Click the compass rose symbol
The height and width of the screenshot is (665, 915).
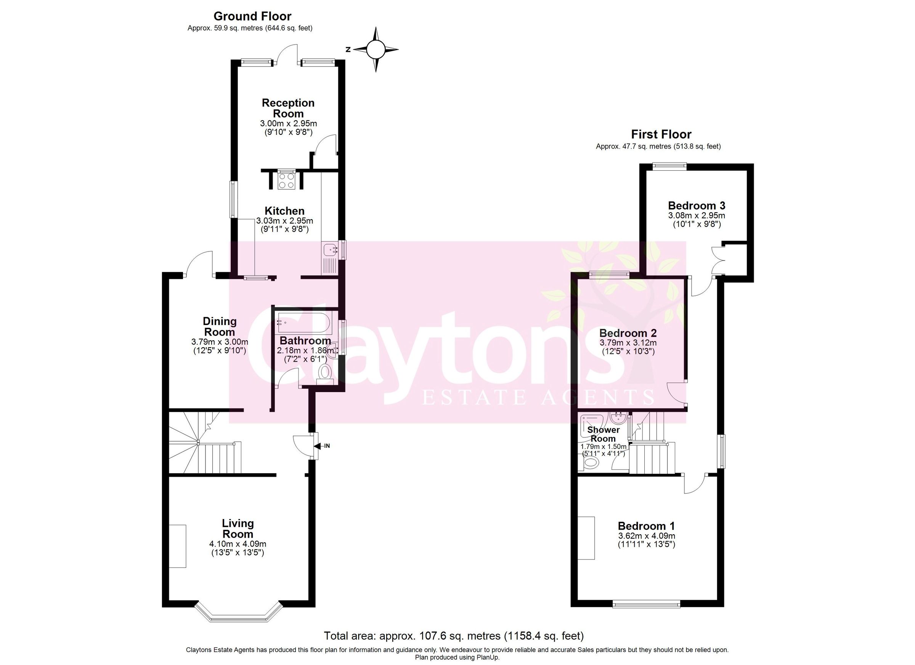pyautogui.click(x=376, y=50)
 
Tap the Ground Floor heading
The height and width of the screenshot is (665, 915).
pyautogui.click(x=252, y=16)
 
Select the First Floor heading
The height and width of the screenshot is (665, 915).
pyautogui.click(x=661, y=134)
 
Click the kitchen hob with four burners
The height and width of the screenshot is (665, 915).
pyautogui.click(x=287, y=180)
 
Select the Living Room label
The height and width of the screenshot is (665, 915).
pyautogui.click(x=238, y=528)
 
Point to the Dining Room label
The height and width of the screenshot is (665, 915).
pyautogui.click(x=220, y=326)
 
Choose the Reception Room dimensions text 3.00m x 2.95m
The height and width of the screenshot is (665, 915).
pyautogui.click(x=288, y=123)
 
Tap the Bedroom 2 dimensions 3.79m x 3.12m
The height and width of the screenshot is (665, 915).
pyautogui.click(x=628, y=343)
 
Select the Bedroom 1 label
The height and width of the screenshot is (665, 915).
pyautogui.click(x=646, y=526)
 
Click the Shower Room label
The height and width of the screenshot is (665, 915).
pyautogui.click(x=604, y=434)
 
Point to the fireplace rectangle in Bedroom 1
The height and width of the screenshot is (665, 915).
pyautogui.click(x=586, y=538)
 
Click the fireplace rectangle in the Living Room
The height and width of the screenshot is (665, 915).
pyautogui.click(x=178, y=546)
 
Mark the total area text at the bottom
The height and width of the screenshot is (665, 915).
pyautogui.click(x=454, y=636)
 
